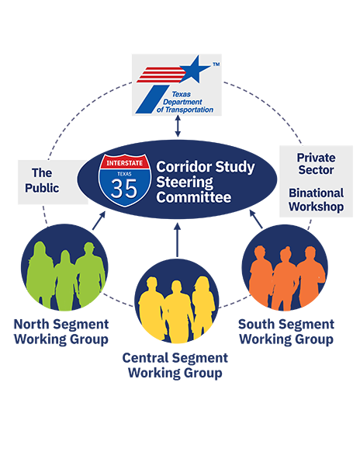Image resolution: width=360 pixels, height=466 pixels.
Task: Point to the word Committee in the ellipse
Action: [x=194, y=197]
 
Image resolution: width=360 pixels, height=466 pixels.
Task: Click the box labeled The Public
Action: [x=47, y=180]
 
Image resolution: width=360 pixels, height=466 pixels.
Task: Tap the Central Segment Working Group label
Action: [x=175, y=366]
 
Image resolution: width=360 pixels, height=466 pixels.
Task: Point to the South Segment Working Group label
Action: [x=286, y=332]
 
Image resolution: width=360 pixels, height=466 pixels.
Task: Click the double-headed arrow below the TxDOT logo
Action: [x=178, y=127]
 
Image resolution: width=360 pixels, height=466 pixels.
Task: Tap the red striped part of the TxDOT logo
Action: [x=159, y=75]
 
